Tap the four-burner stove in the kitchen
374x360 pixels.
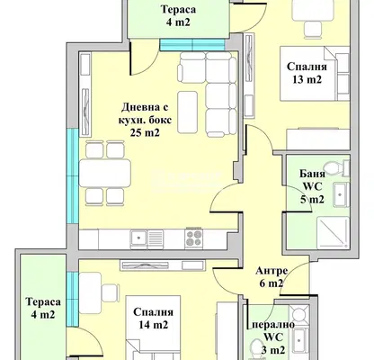pyautogui.click(x=193, y=238)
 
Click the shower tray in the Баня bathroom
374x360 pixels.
pyautogui.click(x=333, y=233)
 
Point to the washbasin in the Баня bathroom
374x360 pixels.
pyautogui.click(x=341, y=194)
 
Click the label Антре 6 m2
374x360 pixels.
pyautogui.click(x=272, y=277)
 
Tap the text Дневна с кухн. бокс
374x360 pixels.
pyautogui.click(x=146, y=113)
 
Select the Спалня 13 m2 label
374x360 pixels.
pyautogui.click(x=307, y=73)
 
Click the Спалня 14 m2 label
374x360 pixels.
pyautogui.click(x=153, y=319)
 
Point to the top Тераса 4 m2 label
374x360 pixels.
pyautogui.click(x=179, y=15)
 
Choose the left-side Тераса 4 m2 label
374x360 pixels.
pyautogui.click(x=43, y=308)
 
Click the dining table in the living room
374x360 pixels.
pyautogui.click(x=105, y=174)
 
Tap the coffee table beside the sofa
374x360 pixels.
pyautogui.click(x=188, y=112)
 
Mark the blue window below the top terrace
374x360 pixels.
pyautogui.click(x=192, y=45)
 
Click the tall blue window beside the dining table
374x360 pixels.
pyautogui.click(x=73, y=176)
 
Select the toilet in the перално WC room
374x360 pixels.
pyautogui.click(x=258, y=348)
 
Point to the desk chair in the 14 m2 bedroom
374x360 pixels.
pyautogui.click(x=111, y=293)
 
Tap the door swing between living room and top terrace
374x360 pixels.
pyautogui.click(x=143, y=58)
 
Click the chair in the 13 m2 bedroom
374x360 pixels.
pyautogui.click(x=313, y=30)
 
